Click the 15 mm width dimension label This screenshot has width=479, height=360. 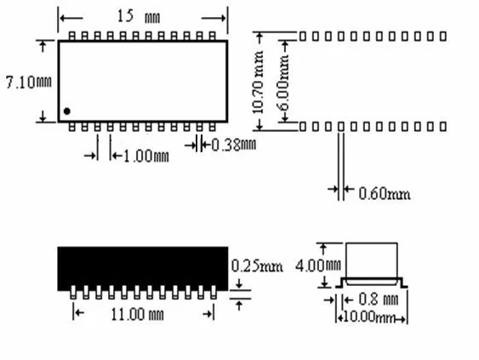(139, 16)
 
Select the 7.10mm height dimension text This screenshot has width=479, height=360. (29, 83)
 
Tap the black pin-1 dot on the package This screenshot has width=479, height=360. (67, 111)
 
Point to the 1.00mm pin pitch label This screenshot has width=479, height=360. (146, 156)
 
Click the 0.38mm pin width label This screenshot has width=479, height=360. (234, 145)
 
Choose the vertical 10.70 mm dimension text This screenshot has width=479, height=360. (258, 83)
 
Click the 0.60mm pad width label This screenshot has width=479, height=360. (385, 193)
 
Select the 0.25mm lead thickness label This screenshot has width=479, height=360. (257, 266)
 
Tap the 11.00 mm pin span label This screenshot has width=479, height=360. (137, 314)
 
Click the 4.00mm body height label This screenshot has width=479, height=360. (318, 266)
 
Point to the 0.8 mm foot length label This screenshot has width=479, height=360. (379, 300)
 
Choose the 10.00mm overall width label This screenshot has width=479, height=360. (369, 317)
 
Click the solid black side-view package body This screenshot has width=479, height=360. (143, 268)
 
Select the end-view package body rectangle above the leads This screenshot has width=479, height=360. (372, 260)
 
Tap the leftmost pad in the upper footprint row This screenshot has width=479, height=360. (302, 37)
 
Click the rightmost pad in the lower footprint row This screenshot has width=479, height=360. (443, 126)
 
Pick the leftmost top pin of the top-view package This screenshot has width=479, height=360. (72, 36)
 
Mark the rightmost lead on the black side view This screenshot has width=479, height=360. (214, 292)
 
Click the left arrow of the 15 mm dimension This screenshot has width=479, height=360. (71, 19)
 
